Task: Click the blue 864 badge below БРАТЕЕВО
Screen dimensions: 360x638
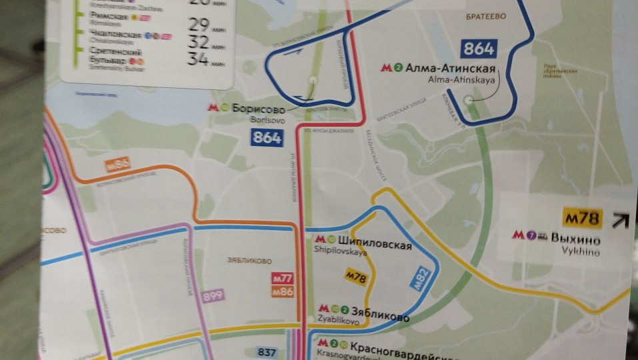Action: [x=479, y=48]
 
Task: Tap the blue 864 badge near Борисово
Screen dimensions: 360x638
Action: [x=267, y=138]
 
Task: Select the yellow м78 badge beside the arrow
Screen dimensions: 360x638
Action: [x=583, y=218]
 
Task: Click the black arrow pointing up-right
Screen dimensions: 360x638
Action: [x=621, y=220]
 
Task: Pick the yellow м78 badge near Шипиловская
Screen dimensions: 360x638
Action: [x=355, y=276]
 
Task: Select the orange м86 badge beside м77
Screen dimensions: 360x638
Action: [x=283, y=291]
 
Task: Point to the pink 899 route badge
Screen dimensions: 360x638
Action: [x=213, y=296]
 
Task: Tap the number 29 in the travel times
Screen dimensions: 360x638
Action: [x=198, y=26]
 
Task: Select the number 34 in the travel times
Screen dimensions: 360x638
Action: [x=198, y=61]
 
